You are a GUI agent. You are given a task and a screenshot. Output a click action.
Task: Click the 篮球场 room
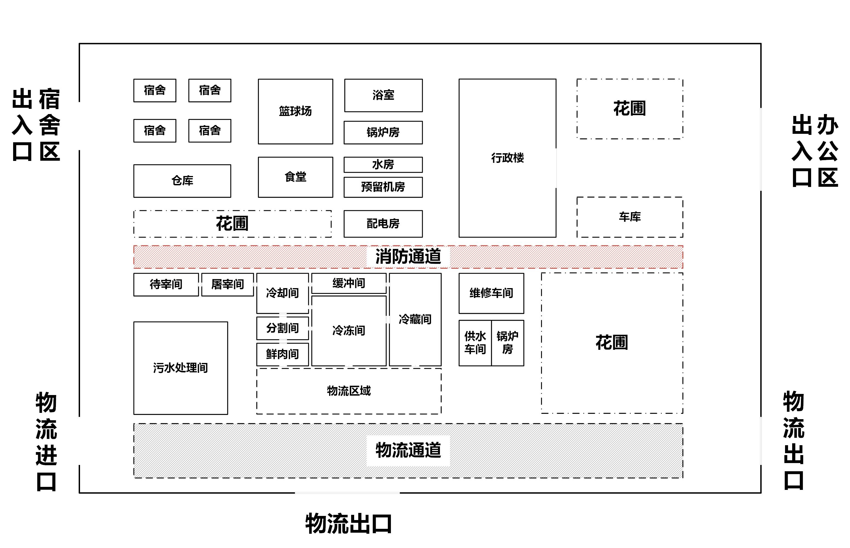[295, 111]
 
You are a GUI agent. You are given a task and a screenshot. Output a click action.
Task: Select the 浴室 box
[383, 95]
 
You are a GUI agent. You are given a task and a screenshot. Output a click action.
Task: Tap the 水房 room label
[383, 164]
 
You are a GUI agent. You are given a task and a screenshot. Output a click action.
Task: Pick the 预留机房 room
[383, 187]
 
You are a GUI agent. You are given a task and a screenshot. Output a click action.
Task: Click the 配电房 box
[383, 223]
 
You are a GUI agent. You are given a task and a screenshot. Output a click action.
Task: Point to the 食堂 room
[295, 177]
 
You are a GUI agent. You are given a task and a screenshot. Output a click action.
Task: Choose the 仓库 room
[182, 181]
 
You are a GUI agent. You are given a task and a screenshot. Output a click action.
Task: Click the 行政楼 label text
[507, 158]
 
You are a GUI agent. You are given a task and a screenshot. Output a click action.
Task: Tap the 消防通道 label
[408, 257]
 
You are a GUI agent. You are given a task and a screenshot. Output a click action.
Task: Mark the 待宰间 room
[166, 284]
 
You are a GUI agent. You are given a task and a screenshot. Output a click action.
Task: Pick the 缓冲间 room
[349, 283]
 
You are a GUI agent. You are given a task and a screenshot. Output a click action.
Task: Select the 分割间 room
[283, 328]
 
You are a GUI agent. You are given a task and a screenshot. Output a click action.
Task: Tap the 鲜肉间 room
[283, 354]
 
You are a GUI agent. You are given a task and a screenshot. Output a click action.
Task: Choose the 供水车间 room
[475, 343]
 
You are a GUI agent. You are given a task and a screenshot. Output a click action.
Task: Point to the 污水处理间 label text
[180, 368]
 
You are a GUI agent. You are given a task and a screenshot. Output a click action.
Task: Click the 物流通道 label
[408, 450]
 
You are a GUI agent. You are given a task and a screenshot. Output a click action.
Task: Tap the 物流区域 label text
[349, 391]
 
